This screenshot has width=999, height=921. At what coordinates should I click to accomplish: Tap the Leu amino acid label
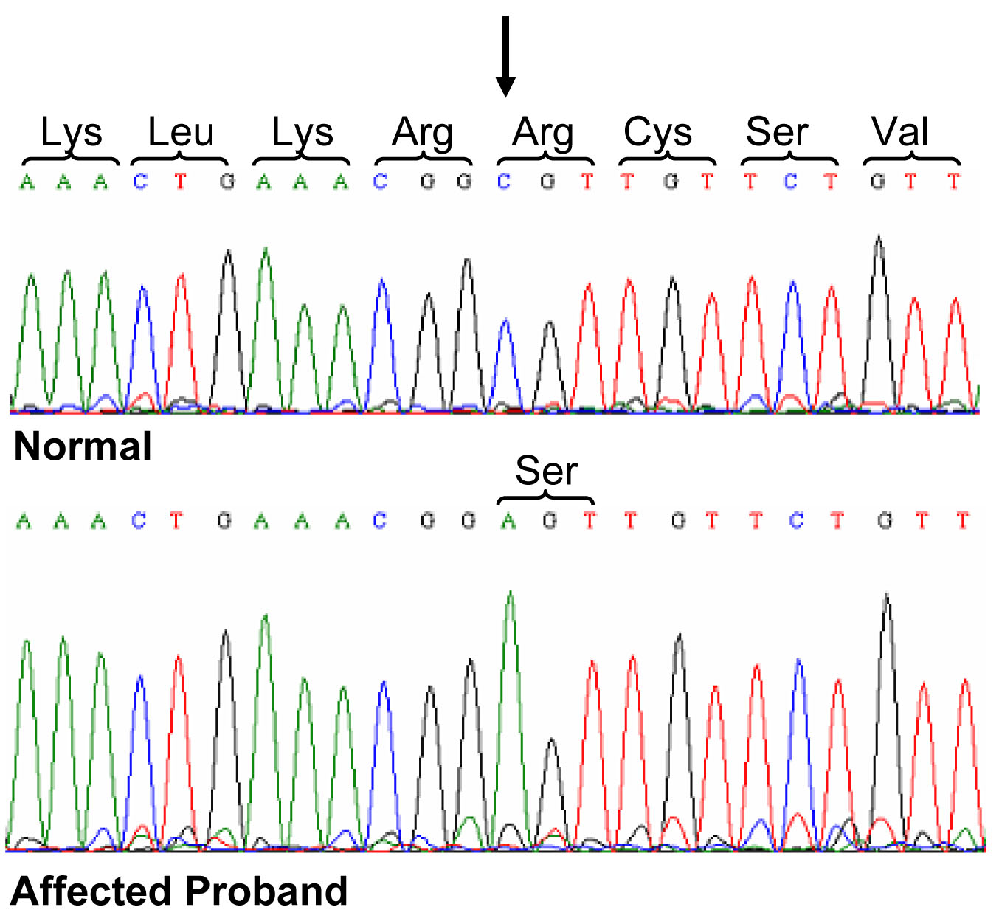(180, 133)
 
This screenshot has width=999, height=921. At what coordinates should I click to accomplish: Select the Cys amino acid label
(657, 133)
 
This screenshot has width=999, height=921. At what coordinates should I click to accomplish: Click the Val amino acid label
(899, 133)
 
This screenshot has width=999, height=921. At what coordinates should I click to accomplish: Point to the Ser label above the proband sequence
(546, 470)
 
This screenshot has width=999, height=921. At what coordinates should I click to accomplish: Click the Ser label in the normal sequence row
(776, 133)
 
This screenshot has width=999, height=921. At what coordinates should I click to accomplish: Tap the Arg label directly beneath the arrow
(543, 133)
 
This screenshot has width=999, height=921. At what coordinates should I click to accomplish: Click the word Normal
(83, 446)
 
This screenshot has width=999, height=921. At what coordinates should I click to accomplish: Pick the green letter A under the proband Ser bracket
(508, 521)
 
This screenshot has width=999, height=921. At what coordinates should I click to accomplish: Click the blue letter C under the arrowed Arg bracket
(504, 181)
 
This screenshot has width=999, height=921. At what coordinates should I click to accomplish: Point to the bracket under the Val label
(911, 159)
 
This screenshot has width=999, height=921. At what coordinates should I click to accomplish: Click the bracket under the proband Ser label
(546, 497)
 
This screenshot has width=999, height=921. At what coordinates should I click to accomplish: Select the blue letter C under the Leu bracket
(140, 181)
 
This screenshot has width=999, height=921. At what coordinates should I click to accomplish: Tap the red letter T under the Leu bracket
(180, 181)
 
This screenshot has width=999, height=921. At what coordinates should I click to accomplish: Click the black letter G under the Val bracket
(877, 181)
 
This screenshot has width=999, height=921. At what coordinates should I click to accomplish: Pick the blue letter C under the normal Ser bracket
(790, 181)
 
